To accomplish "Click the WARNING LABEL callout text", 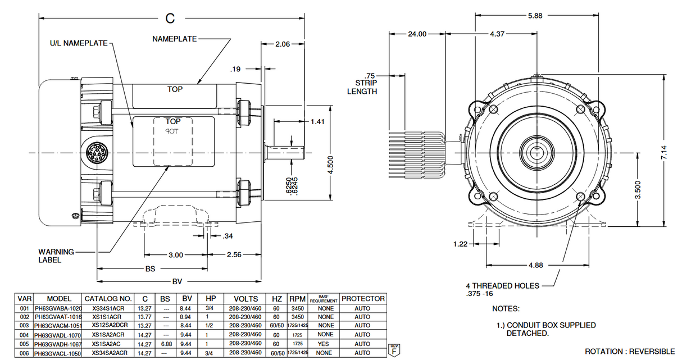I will tap(56, 256).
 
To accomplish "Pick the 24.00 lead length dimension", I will tap(416, 34).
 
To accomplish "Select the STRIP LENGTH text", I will tap(362, 87).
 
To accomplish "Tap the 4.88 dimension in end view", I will tap(535, 265).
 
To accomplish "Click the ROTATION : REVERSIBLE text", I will tap(630, 352).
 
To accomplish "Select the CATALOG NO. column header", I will tap(108, 299).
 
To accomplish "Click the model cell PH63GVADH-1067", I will tap(58, 344).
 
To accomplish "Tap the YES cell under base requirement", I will tap(325, 344).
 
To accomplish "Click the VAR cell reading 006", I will tap(24, 353).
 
